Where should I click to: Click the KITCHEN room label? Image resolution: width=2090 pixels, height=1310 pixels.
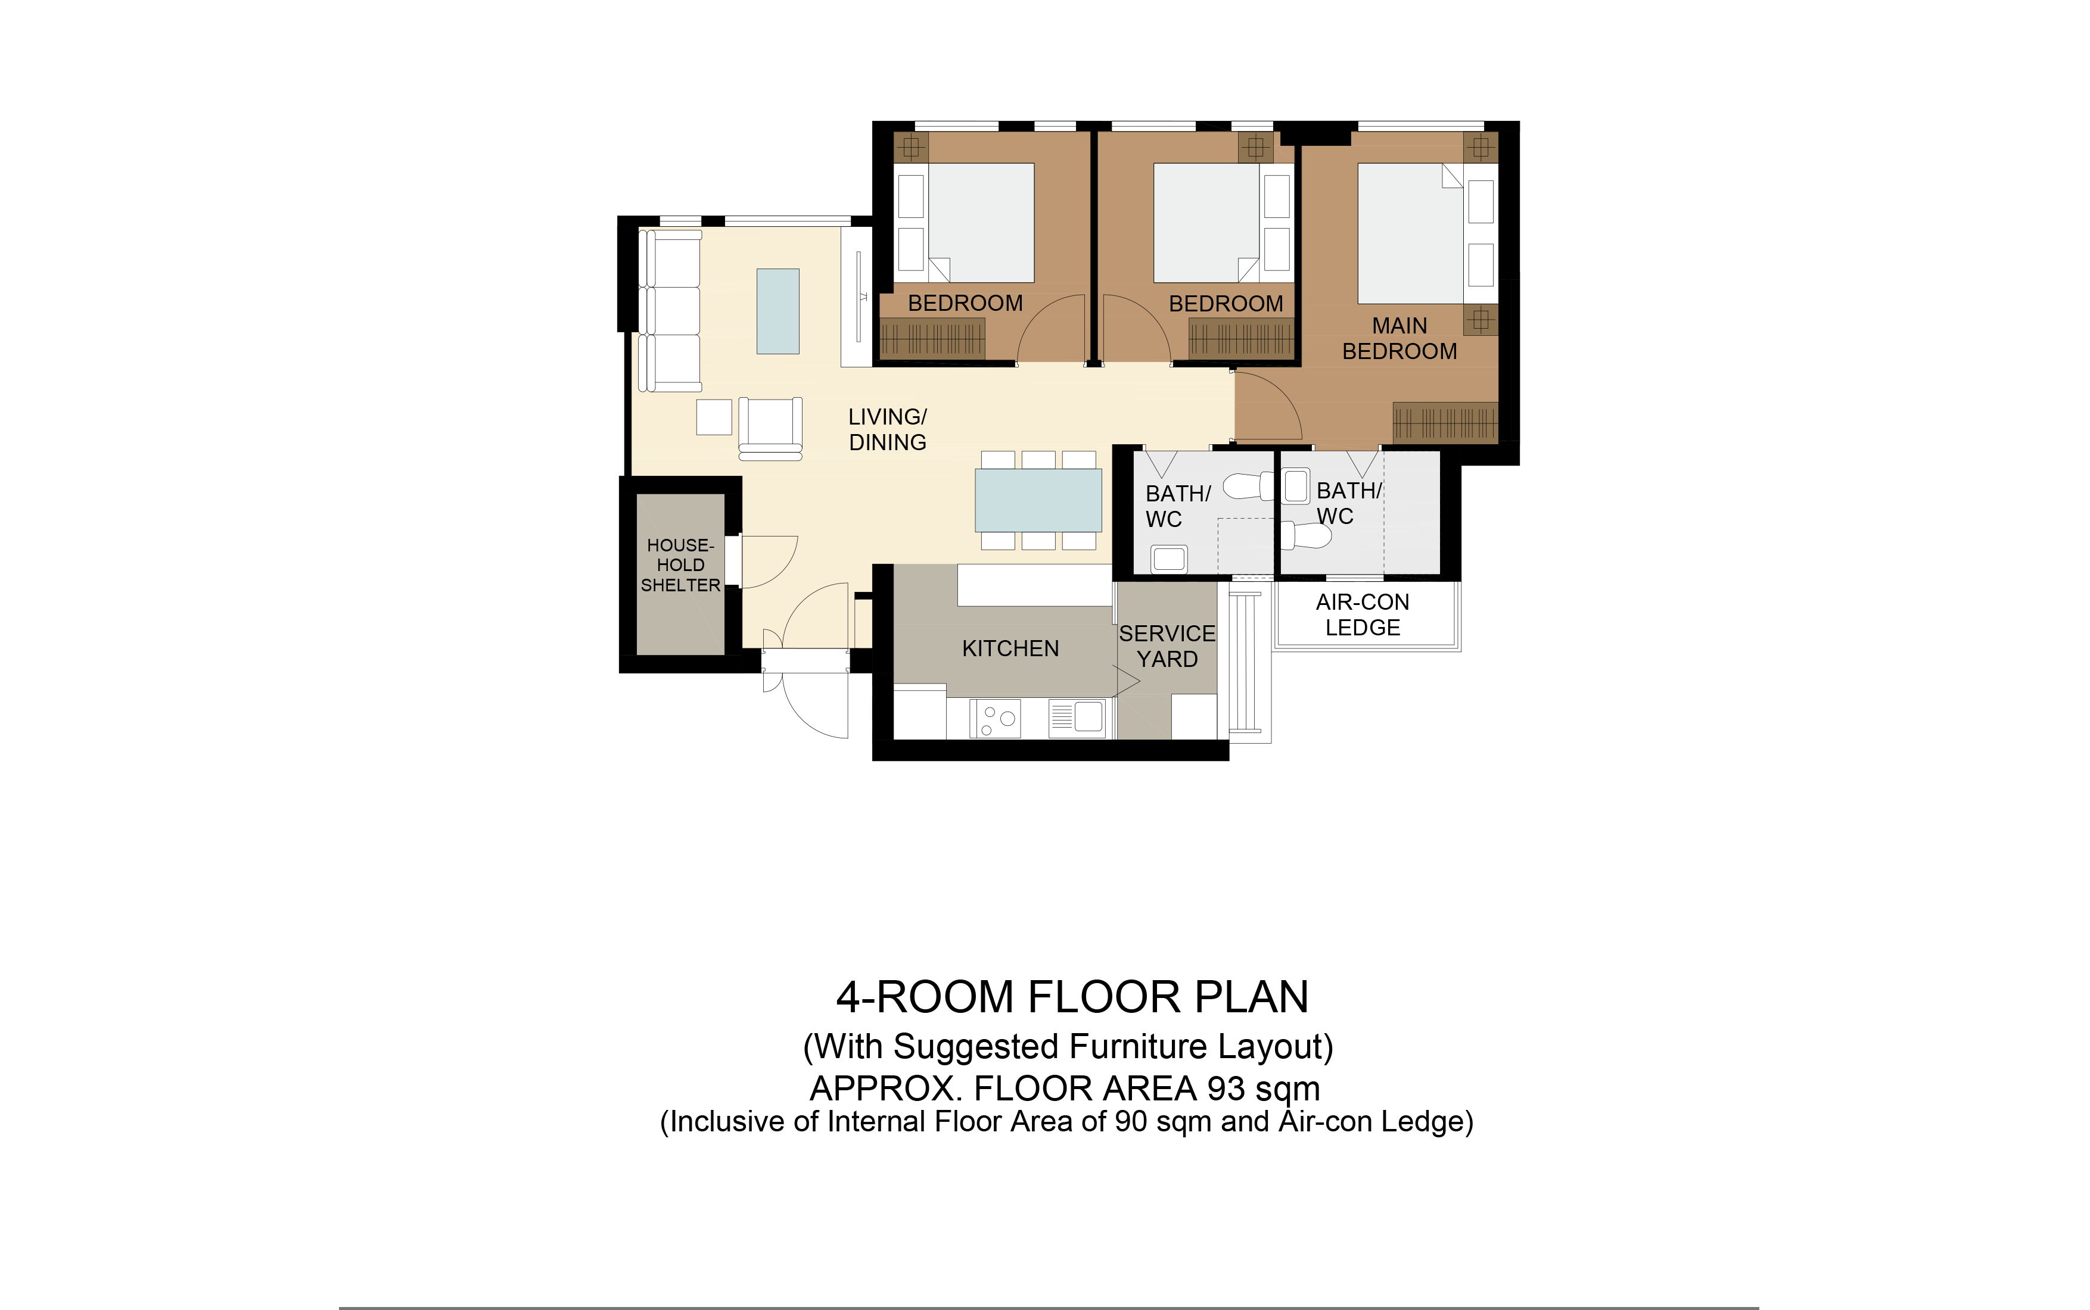pyautogui.click(x=1010, y=648)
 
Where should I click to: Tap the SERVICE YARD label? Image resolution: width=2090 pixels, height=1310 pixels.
pyautogui.click(x=1167, y=646)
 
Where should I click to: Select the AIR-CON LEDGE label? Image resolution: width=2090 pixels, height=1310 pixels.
pyautogui.click(x=1363, y=615)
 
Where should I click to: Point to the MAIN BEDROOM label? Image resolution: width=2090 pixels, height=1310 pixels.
pyautogui.click(x=1399, y=338)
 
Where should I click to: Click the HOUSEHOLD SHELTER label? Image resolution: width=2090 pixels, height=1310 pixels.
pyautogui.click(x=680, y=565)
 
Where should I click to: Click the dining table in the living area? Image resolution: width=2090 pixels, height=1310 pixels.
pyautogui.click(x=1038, y=500)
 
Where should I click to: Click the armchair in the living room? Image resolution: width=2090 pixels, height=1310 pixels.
pyautogui.click(x=770, y=428)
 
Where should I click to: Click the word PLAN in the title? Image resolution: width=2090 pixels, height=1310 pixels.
pyautogui.click(x=1252, y=997)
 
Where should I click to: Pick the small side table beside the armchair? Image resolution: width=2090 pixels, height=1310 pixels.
pyautogui.click(x=714, y=417)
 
